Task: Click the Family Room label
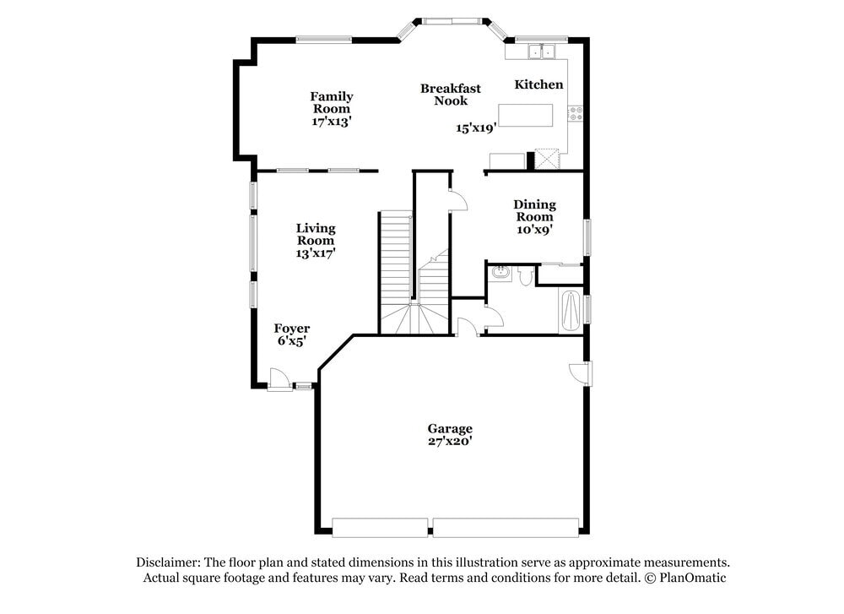pos(331,102)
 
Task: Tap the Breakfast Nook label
pos(451,95)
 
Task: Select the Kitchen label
pos(538,84)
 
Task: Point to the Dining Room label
pos(535,210)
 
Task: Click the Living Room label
pos(316,234)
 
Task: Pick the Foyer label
pos(291,329)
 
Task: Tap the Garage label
pos(449,428)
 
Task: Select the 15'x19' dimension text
pos(475,128)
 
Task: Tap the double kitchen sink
pos(541,52)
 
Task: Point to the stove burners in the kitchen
pos(576,113)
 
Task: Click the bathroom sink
pos(501,273)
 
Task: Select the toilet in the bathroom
pos(525,275)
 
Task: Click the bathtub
pos(571,312)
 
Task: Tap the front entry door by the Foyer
pos(278,380)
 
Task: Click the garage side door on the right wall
pos(582,372)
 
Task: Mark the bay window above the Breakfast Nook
pos(452,20)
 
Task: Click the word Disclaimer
pos(168,562)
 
